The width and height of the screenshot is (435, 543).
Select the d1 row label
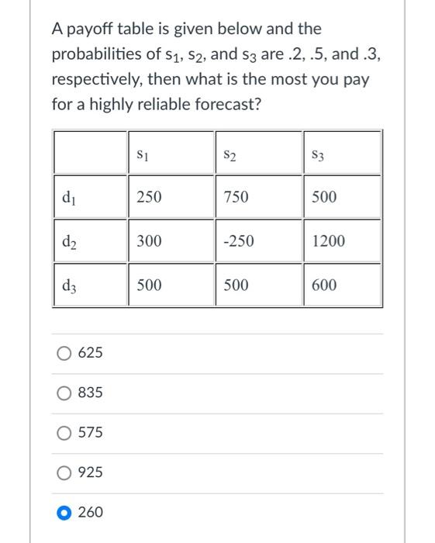68,197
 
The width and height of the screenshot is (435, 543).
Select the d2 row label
68,241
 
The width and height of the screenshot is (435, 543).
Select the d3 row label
68,285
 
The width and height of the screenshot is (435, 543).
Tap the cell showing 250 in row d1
149,197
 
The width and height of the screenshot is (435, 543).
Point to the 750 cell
236,197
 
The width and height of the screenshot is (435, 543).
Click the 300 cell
149,241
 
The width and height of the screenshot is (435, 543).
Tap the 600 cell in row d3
324,285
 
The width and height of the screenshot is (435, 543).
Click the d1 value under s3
324,197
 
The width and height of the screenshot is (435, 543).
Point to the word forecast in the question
218,104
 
